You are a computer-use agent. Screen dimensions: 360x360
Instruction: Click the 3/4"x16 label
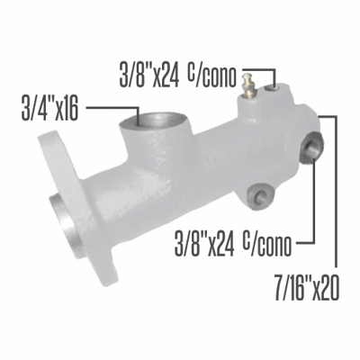coord(49,110)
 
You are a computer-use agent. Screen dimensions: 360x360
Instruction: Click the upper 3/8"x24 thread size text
coord(149,70)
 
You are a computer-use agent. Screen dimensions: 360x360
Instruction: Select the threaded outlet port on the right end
coord(313,146)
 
